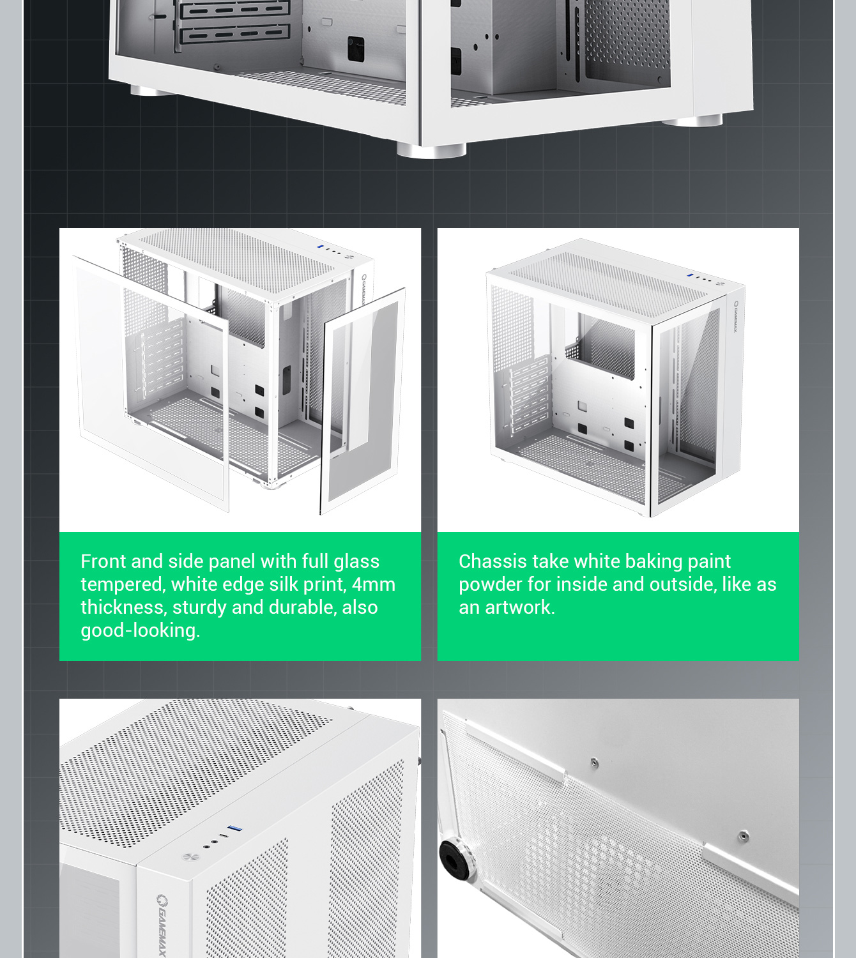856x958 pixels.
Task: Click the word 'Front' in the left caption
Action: [103, 561]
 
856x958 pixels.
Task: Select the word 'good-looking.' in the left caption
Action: [141, 631]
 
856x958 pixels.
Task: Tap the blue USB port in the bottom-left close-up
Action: [234, 828]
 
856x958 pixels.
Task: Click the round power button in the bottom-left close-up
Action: [189, 857]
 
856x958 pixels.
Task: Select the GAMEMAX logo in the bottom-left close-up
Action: [162, 925]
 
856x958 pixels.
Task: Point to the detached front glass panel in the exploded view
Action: [363, 401]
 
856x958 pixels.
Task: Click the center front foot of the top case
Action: [431, 151]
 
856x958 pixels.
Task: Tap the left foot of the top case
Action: [152, 90]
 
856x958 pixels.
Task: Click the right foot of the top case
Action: [692, 121]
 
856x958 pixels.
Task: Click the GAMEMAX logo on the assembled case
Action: [735, 316]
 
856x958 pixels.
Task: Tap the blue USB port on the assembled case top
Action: [690, 275]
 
